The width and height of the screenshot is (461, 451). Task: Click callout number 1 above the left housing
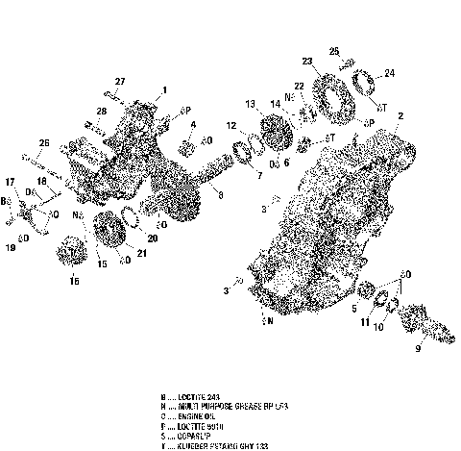pos(164,89)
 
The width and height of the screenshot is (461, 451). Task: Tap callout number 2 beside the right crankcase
pos(399,116)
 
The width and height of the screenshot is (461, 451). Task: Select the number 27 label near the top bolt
pos(121,80)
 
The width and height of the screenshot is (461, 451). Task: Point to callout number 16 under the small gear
pos(74,282)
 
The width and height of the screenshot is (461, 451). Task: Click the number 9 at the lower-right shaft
pos(418,349)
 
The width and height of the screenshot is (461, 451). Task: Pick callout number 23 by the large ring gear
pos(306,63)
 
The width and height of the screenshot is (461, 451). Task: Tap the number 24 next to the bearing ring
pos(389,72)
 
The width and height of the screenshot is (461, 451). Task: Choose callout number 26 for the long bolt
pos(43,144)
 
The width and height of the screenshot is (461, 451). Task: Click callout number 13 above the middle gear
pos(250,103)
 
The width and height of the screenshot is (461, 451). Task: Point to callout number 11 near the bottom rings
pos(365,324)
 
